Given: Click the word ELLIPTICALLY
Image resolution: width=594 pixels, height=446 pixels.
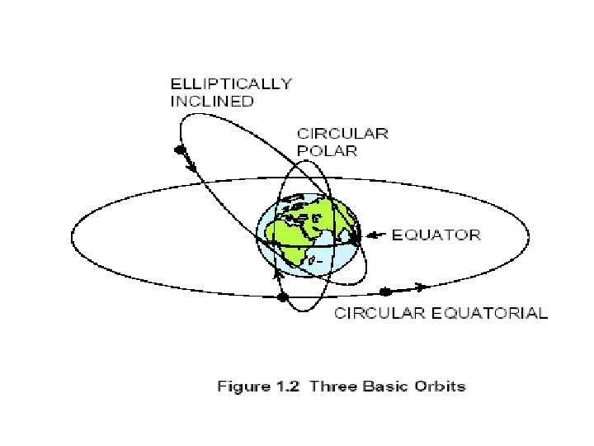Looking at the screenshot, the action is click(230, 83).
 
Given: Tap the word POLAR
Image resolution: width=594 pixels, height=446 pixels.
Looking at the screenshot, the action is click(328, 151).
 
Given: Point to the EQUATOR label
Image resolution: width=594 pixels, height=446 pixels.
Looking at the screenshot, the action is click(436, 235).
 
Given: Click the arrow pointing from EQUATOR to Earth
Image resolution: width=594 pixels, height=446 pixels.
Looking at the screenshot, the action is click(375, 235).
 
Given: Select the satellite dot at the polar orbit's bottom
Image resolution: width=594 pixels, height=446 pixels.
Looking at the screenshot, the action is click(283, 297).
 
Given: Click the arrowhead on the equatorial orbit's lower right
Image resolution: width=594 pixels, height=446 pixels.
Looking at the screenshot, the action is click(422, 287).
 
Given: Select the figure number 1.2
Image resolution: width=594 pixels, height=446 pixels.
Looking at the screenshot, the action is click(283, 387).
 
